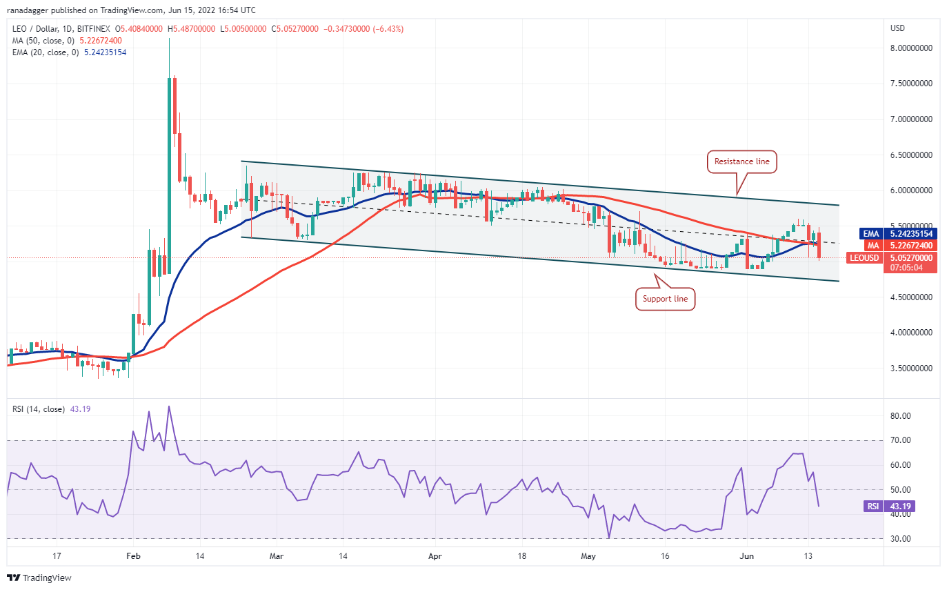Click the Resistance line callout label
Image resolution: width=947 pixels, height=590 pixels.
tap(742, 162)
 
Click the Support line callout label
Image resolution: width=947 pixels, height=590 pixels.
tap(665, 299)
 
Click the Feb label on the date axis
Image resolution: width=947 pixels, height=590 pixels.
tap(134, 555)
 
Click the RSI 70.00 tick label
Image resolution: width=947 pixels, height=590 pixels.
tap(900, 440)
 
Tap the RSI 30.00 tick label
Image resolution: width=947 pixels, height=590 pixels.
tap(900, 539)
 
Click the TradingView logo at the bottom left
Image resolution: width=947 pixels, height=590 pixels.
tap(39, 578)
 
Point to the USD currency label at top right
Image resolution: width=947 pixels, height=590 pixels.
tap(898, 28)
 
